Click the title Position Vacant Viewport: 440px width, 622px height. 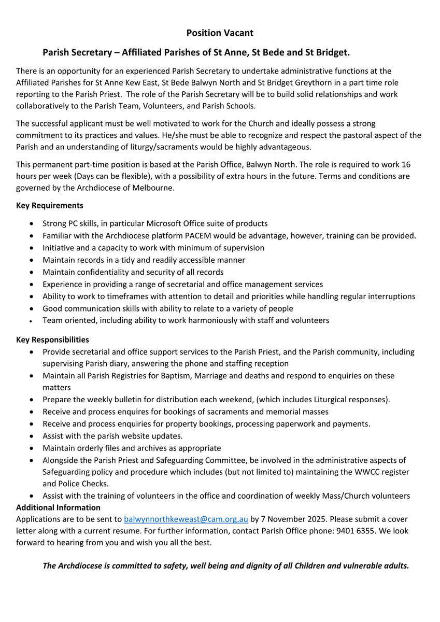220,33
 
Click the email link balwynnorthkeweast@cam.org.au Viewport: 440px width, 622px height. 186,519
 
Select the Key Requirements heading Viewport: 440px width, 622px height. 50,205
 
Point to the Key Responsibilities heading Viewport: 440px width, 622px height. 52,340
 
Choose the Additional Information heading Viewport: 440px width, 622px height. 58,507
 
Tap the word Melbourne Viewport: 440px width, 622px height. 151,188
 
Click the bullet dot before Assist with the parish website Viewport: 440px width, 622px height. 33,436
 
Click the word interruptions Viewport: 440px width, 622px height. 391,296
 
